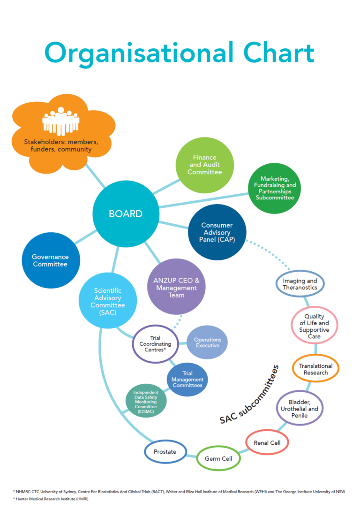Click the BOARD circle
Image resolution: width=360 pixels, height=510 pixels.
coord(126,213)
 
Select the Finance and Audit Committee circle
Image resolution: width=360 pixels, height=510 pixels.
coord(205,165)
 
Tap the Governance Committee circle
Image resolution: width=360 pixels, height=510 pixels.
coord(51,260)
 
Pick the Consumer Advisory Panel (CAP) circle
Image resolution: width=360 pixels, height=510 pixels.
coord(217,232)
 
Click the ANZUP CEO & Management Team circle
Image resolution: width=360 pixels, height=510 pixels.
coord(176,287)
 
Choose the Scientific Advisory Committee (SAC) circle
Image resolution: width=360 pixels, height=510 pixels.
coord(107,301)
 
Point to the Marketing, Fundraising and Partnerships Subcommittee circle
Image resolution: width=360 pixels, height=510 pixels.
coord(275,188)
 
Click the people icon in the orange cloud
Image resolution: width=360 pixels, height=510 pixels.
coord(61,121)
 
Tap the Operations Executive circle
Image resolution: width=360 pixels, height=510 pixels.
coord(207,342)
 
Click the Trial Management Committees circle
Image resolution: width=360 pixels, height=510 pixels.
coord(187,380)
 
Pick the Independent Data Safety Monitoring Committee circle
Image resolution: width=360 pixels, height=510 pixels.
coord(146,401)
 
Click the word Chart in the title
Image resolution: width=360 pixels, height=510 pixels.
coord(279,53)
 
